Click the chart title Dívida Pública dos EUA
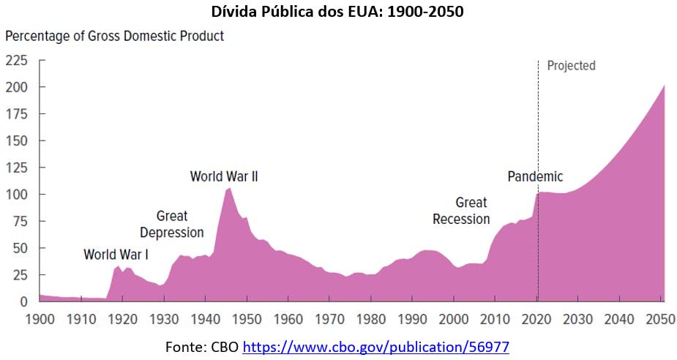338,12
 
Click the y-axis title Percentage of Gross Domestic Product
115,35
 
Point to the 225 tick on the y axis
15,60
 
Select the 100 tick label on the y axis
15,194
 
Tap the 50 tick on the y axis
19,247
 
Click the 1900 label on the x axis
39,320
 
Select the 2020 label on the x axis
538,320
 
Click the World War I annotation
116,255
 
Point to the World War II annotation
224,176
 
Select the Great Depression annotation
172,224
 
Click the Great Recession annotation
461,211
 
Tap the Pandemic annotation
535,176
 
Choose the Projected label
571,66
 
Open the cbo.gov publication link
375,347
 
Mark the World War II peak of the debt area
229,188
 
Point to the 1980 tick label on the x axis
372,320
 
